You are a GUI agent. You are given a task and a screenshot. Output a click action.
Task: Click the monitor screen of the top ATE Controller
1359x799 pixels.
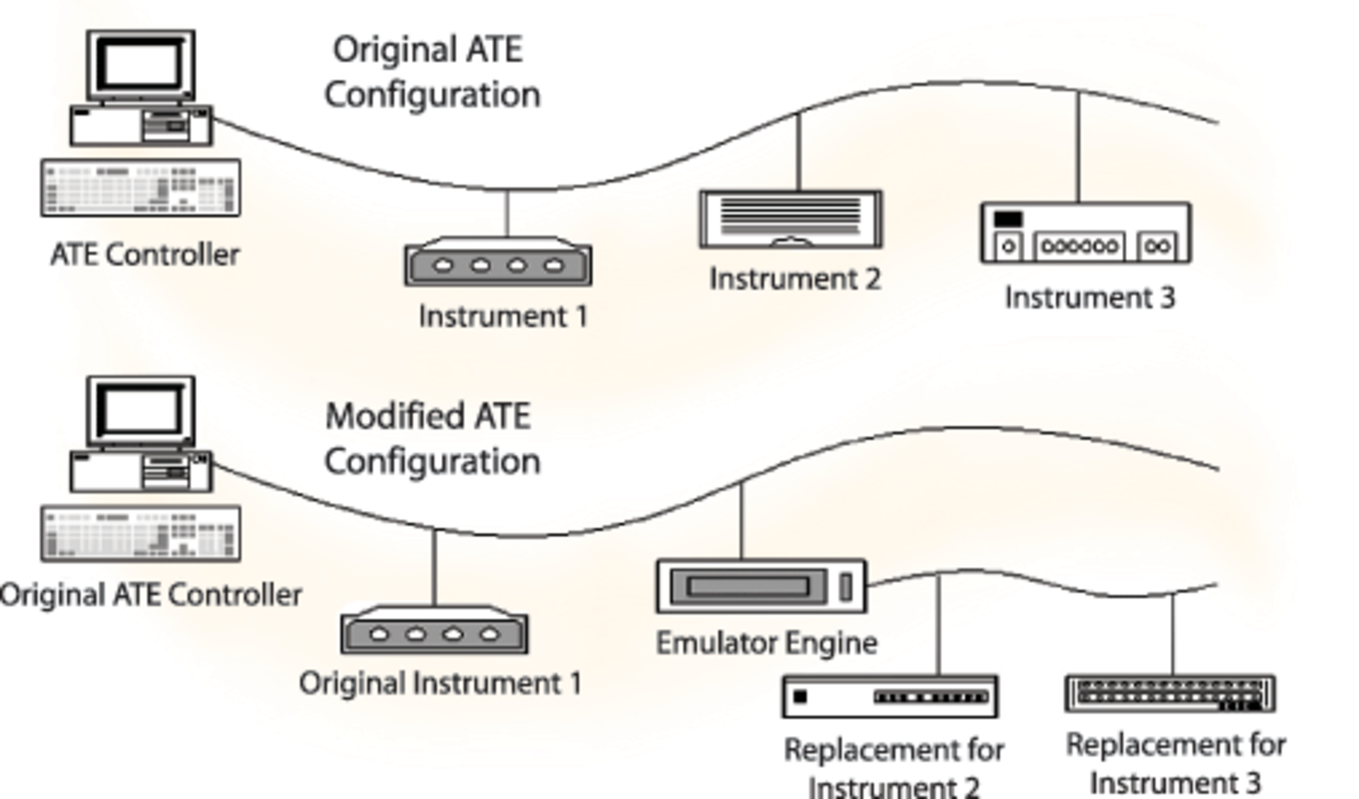(x=141, y=64)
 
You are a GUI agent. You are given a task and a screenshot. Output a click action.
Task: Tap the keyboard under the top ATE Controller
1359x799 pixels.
(x=140, y=188)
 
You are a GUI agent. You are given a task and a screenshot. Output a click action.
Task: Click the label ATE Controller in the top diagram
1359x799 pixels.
(x=145, y=255)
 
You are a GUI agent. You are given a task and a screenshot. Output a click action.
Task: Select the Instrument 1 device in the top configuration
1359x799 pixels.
(x=498, y=263)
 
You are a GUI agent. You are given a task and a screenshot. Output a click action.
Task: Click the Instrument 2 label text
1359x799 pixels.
(x=795, y=279)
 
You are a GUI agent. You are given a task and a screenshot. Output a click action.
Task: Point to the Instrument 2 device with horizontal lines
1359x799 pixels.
(x=791, y=219)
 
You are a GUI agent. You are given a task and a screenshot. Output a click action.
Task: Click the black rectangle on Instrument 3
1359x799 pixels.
(x=1008, y=219)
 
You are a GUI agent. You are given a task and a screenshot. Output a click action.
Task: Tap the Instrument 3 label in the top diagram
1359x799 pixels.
(x=1089, y=297)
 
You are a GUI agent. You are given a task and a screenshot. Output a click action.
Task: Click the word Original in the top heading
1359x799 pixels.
(x=395, y=50)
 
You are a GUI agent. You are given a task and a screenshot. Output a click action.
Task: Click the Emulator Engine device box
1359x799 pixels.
(x=761, y=587)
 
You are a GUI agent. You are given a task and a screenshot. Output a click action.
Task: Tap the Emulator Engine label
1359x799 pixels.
(x=767, y=643)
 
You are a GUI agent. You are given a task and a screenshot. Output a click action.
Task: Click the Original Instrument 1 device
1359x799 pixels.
(x=434, y=631)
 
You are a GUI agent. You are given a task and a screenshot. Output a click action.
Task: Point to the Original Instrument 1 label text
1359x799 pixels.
(x=440, y=684)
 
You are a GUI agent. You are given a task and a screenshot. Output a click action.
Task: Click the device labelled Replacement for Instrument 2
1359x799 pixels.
(x=890, y=696)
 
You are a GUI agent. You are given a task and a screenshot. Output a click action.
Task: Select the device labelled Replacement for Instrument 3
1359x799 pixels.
(x=1170, y=694)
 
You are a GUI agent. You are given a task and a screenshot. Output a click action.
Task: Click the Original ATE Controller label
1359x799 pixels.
(x=151, y=595)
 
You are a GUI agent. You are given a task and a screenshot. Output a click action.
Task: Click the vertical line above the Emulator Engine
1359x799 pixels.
(x=741, y=521)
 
